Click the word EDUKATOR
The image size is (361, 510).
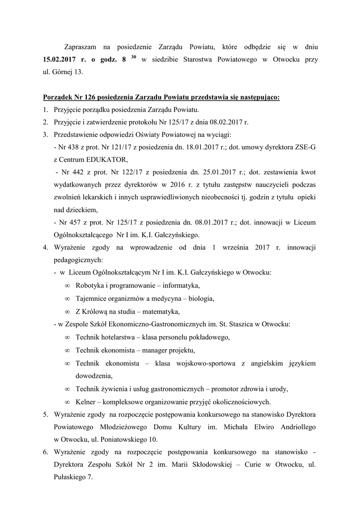[108, 159]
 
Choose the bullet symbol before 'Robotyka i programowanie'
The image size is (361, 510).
[67, 286]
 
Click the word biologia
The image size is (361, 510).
[199, 299]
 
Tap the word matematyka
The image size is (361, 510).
[161, 312]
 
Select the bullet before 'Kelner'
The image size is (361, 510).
[67, 401]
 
